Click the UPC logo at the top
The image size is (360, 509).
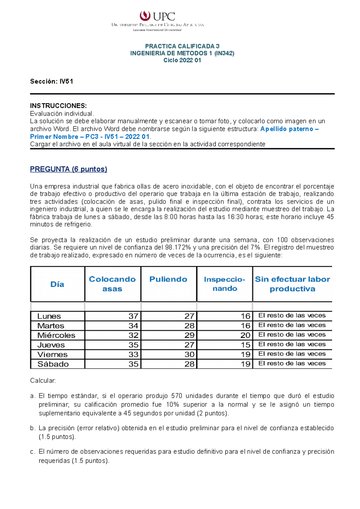[157, 16]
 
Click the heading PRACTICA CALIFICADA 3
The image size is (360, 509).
[182, 46]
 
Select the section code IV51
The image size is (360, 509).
[66, 82]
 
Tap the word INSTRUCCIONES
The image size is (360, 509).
[58, 106]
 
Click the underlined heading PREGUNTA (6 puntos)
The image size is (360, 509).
[68, 169]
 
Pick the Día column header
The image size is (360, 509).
[57, 284]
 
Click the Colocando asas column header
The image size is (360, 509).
[112, 284]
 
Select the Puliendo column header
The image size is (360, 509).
[168, 279]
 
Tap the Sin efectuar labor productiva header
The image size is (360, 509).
[292, 284]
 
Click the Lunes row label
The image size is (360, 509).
[49, 316]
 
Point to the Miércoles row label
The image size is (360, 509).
[56, 335]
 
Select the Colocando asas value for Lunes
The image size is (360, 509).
[133, 316]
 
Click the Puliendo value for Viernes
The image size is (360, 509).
[189, 355]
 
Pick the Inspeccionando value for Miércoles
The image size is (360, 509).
[245, 335]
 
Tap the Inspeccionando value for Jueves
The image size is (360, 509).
[245, 345]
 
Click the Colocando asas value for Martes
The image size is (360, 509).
[133, 326]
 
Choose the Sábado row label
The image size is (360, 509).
[53, 364]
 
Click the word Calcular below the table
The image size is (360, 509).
[43, 381]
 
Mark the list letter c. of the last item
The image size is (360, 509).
[32, 452]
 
